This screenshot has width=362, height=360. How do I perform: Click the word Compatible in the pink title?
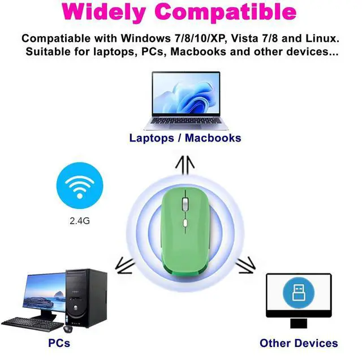[232, 12]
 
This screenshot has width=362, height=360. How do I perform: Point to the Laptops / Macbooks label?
[185, 138]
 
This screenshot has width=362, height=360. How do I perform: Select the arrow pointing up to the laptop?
[184, 165]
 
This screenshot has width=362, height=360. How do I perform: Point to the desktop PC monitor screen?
[45, 291]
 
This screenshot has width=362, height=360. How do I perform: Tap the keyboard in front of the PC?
[31, 323]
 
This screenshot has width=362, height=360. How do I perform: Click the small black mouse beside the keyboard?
[68, 328]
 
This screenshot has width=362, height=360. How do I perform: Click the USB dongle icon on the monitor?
[298, 293]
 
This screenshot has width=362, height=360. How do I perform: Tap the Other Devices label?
[298, 343]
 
